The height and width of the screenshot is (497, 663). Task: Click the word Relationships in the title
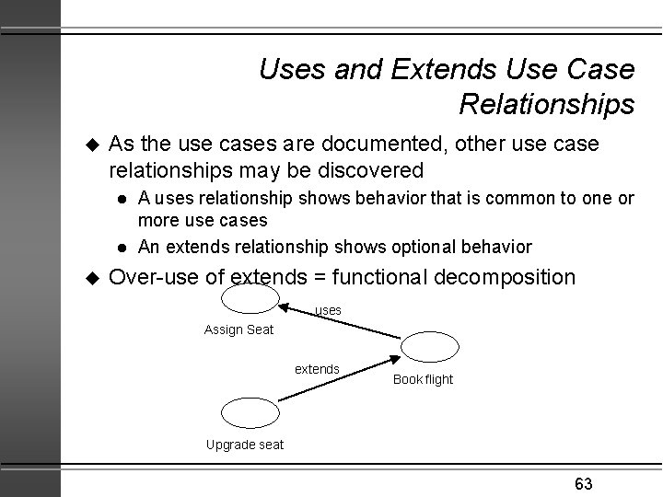(546, 104)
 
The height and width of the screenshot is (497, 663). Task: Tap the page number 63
(583, 484)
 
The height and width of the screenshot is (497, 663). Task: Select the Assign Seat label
(238, 329)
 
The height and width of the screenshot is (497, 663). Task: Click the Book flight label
(423, 379)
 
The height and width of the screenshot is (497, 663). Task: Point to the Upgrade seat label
(244, 445)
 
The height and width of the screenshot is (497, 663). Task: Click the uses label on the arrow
(328, 311)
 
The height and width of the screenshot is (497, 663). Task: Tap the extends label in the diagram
(317, 369)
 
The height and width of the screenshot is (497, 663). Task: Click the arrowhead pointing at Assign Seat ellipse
(286, 306)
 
